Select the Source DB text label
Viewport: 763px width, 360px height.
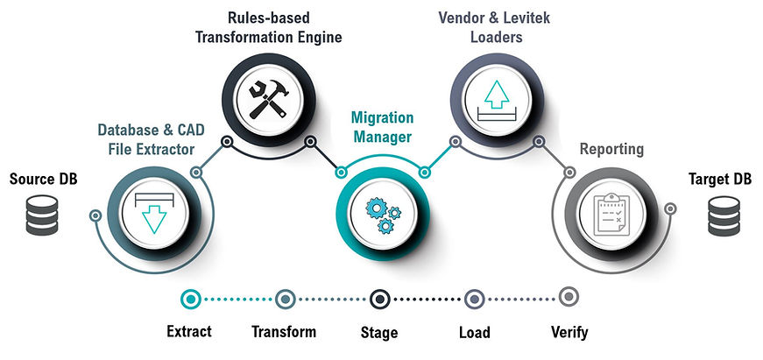coord(39,180)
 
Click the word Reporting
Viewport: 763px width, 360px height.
coord(611,150)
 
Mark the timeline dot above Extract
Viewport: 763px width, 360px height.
coord(190,299)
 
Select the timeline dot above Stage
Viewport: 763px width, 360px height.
coord(379,299)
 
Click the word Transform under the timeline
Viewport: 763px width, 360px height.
coord(284,332)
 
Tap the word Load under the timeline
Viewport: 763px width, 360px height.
coord(474,332)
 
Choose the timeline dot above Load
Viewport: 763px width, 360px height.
coord(474,299)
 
